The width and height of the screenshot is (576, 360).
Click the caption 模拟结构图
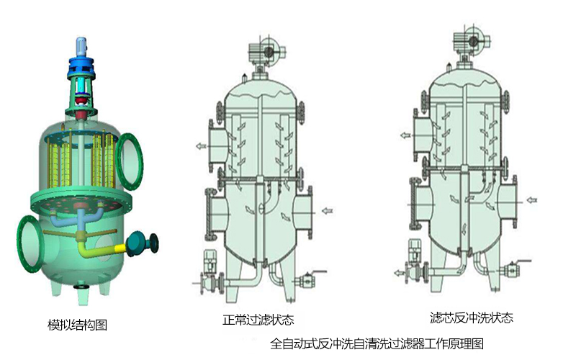(x=78, y=325)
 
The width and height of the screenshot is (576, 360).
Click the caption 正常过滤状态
(x=258, y=320)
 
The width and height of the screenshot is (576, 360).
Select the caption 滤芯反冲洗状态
(x=472, y=318)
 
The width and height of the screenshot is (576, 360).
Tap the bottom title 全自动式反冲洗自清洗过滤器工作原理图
(x=377, y=343)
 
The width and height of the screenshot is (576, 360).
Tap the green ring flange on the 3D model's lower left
(x=30, y=244)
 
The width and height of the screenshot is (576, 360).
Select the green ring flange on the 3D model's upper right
(x=130, y=161)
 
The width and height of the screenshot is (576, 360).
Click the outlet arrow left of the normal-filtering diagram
(x=201, y=146)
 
